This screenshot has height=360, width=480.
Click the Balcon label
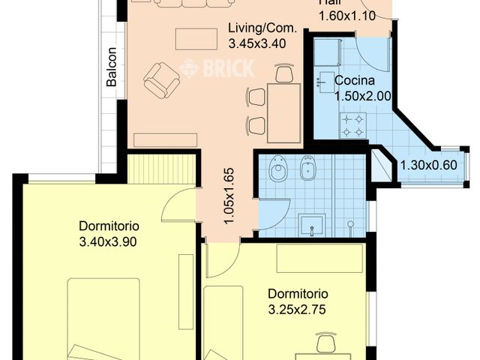pyautogui.click(x=112, y=68)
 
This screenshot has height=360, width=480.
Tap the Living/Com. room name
pyautogui.click(x=262, y=29)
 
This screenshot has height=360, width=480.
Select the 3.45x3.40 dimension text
pyautogui.click(x=262, y=43)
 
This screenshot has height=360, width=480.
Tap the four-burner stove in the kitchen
pyautogui.click(x=353, y=125)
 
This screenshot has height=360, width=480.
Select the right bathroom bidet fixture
pyautogui.click(x=306, y=171)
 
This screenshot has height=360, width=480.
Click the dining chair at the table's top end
pyautogui.click(x=284, y=73)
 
